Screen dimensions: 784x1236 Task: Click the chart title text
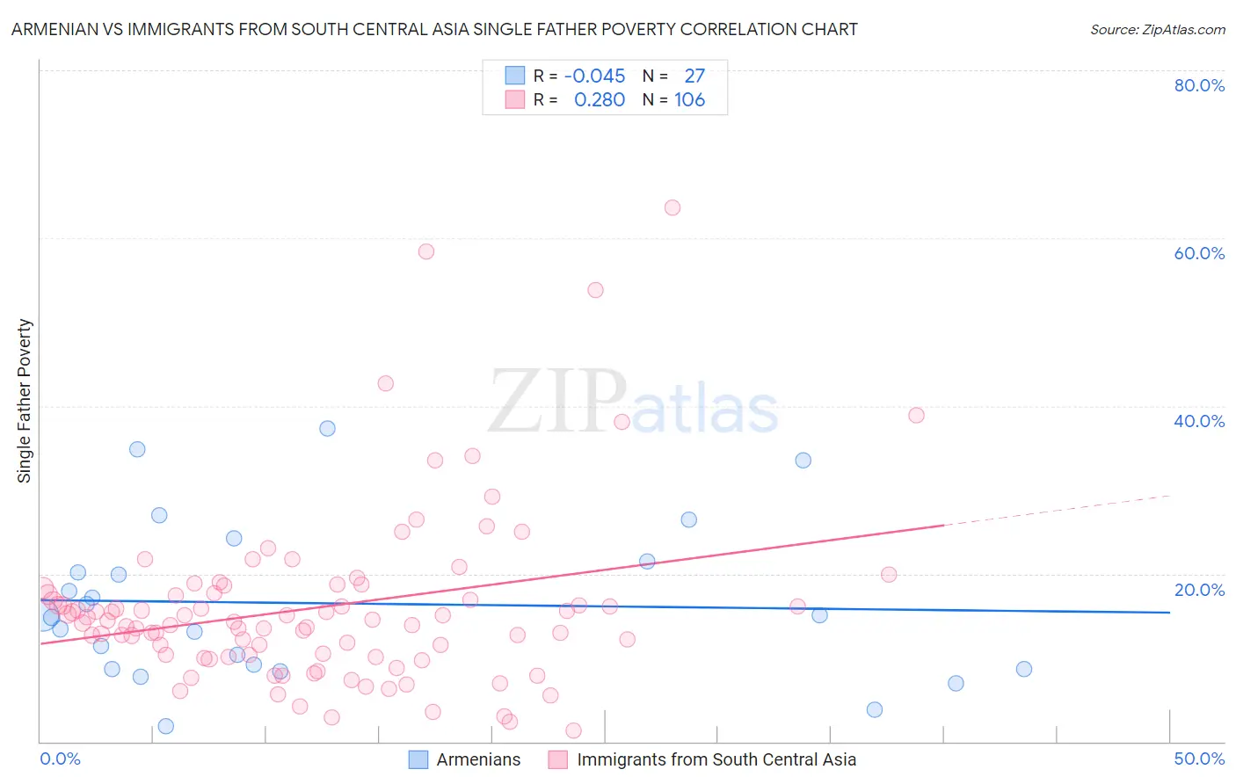click(434, 29)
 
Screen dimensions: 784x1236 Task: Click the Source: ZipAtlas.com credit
click(1157, 29)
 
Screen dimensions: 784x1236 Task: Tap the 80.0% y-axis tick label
click(1199, 85)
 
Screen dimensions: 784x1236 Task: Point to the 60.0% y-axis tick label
click(1199, 253)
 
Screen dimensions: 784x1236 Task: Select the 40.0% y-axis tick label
click(1199, 421)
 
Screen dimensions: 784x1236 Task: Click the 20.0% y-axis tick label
click(1199, 590)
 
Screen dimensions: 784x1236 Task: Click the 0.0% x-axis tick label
click(60, 759)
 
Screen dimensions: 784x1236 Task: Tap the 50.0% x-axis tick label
click(1199, 759)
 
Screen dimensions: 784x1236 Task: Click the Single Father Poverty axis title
click(25, 401)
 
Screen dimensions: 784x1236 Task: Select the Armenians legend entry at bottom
click(477, 759)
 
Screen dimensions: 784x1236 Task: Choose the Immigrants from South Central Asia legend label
click(716, 759)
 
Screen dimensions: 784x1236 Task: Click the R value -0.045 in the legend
click(594, 76)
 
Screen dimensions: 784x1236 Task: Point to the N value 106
click(689, 99)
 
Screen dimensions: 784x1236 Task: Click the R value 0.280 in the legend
click(599, 99)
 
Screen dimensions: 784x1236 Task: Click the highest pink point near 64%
click(673, 207)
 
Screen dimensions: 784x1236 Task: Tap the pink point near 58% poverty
click(426, 251)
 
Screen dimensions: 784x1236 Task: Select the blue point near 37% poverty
click(327, 429)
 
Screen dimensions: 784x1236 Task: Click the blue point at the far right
click(1023, 669)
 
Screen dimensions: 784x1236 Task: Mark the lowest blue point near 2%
click(165, 726)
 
